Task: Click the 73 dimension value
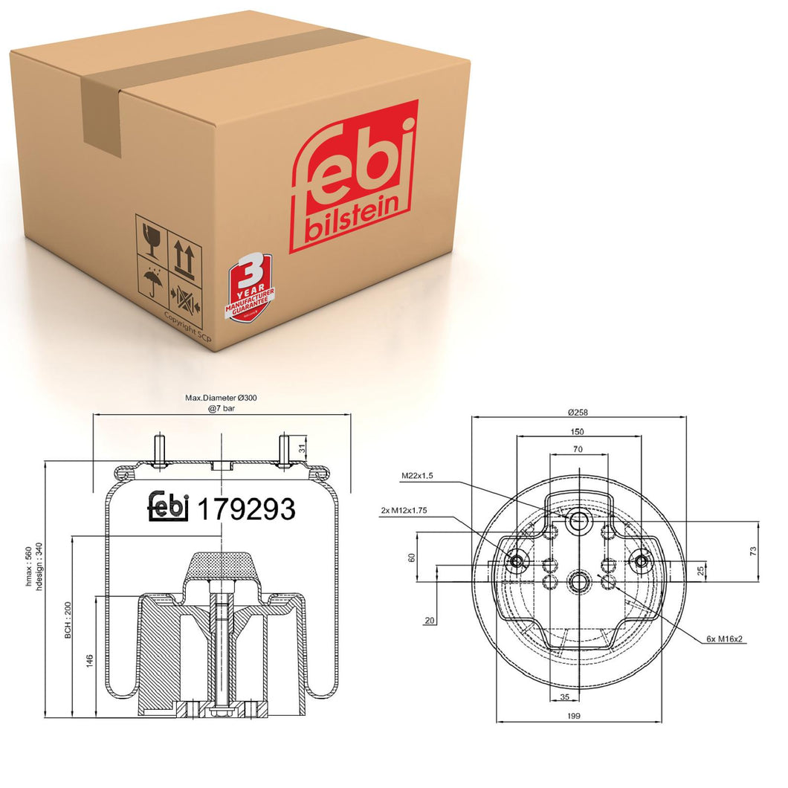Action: (752, 551)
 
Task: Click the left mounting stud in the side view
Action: (158, 450)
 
